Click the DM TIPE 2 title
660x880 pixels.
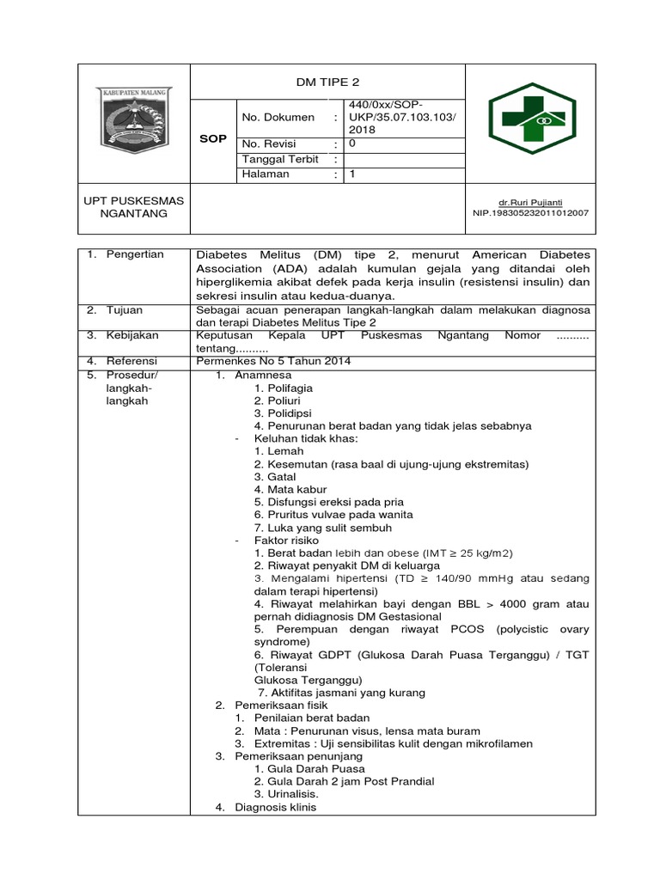pos(327,82)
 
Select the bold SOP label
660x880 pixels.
pos(213,138)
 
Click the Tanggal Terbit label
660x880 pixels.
pos(280,159)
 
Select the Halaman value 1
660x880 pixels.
pos(351,174)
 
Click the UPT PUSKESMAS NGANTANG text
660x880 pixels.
pos(133,207)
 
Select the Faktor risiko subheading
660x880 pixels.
pos(285,541)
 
